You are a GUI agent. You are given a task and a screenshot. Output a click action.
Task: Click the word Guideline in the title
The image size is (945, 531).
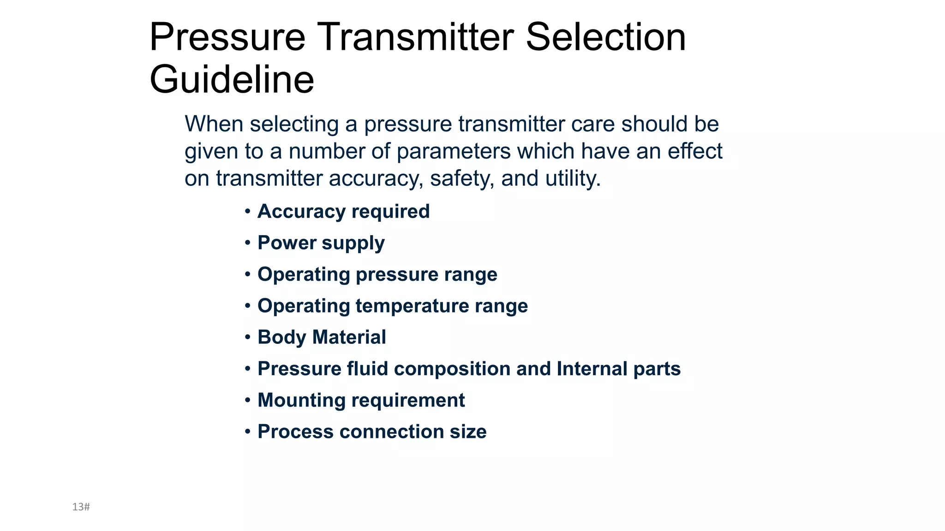(x=232, y=79)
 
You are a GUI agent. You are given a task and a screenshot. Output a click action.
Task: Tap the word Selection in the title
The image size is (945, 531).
(x=605, y=37)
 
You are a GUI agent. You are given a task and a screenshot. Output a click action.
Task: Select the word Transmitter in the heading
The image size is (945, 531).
(x=415, y=37)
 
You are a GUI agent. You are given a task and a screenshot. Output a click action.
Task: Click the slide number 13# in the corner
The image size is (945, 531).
(x=81, y=507)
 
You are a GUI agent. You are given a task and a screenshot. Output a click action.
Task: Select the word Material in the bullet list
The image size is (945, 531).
(x=349, y=337)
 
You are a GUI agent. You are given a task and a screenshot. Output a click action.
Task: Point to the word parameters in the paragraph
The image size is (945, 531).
(x=453, y=151)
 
